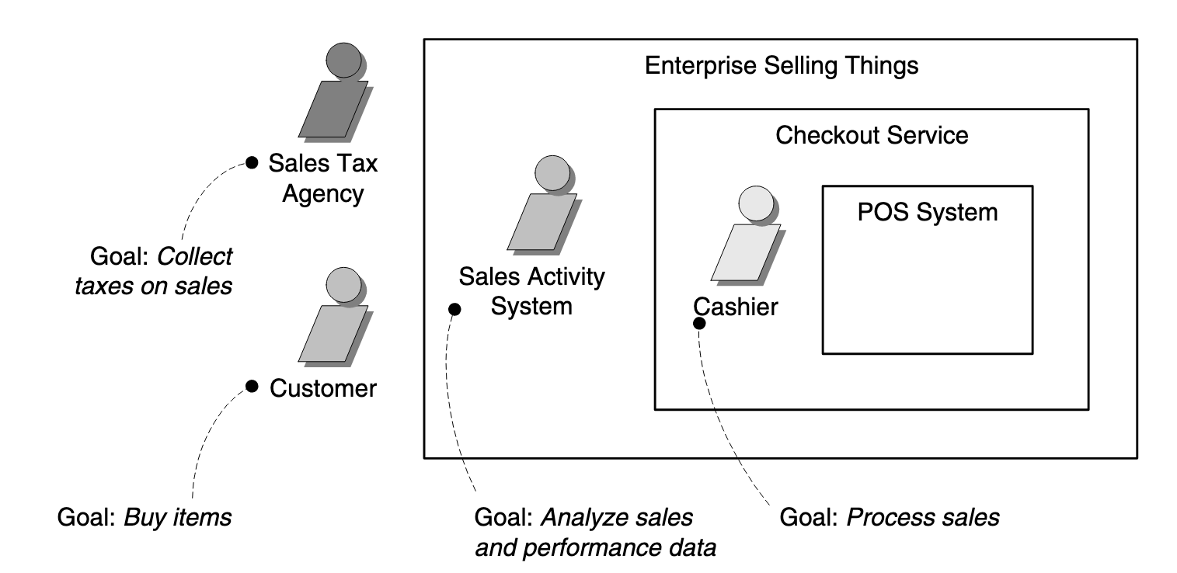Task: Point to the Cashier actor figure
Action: tap(746, 237)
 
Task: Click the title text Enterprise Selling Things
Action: tap(782, 65)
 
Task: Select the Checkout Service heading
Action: tap(872, 135)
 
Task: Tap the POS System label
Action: tap(928, 211)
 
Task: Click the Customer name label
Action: tap(323, 387)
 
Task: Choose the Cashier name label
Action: tap(736, 307)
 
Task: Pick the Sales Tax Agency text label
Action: tap(323, 178)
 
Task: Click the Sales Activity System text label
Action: tap(532, 291)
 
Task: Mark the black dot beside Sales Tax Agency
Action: tap(252, 162)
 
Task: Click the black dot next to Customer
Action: tap(251, 386)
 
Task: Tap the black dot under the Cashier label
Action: tap(699, 322)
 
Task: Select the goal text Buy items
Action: tap(145, 516)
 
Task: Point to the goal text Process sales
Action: tap(889, 516)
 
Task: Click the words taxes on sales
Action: tap(154, 286)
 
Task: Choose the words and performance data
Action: tap(594, 548)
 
